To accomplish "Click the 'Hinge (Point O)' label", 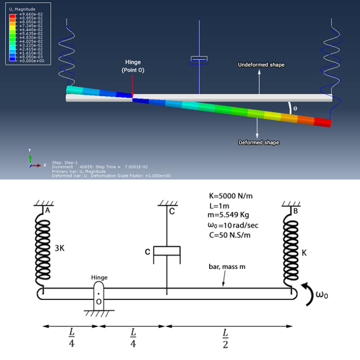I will pos(133,66).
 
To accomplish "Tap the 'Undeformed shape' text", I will pos(261,65).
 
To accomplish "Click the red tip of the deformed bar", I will pos(322,122).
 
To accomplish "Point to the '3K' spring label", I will pos(60,248).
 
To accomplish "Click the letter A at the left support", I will pos(48,211).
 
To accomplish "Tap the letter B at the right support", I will pos(294,211).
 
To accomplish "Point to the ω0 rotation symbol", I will pos(321,295).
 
